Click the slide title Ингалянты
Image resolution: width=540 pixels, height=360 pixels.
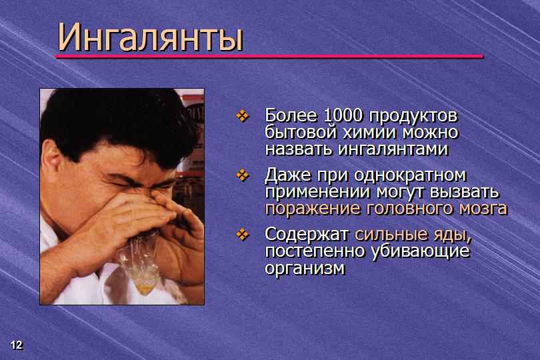click(x=150, y=37)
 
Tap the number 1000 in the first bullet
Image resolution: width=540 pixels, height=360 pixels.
click(x=343, y=116)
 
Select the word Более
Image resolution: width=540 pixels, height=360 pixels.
click(x=290, y=116)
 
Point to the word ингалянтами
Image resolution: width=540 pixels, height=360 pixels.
click(x=393, y=150)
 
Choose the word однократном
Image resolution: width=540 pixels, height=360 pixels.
click(x=410, y=175)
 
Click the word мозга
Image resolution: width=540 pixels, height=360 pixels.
click(x=483, y=209)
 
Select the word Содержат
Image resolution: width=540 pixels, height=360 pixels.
click(x=307, y=235)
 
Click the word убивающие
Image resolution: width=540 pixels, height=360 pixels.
click(x=420, y=252)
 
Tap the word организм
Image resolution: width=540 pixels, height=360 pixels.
click(x=305, y=269)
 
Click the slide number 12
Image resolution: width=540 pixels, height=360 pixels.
click(x=16, y=345)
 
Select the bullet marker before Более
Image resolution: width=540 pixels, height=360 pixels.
click(x=243, y=116)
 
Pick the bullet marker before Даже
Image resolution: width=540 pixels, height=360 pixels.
click(x=243, y=175)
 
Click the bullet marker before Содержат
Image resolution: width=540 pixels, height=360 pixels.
click(x=243, y=235)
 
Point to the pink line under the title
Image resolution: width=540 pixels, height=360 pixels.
click(x=269, y=56)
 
